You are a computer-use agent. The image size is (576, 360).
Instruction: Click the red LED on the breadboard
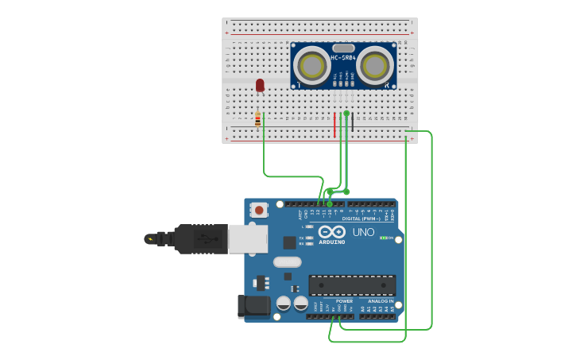coord(260,84)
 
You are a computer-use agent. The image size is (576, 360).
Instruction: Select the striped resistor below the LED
coord(257,119)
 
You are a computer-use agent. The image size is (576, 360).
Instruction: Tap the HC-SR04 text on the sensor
coord(343,57)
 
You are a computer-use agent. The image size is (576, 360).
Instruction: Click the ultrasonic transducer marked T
coord(311,67)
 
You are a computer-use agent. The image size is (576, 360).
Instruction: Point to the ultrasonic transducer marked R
coord(375,67)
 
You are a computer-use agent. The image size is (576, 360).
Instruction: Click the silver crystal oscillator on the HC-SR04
coord(343,48)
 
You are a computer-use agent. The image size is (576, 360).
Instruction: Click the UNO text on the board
coord(363,232)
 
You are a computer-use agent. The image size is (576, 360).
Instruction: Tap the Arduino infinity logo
coord(331,231)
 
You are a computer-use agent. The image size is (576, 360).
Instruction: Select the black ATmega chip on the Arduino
coord(352,285)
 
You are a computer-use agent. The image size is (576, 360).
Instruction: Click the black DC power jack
coord(253,306)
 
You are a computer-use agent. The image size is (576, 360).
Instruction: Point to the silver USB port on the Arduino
coord(248,238)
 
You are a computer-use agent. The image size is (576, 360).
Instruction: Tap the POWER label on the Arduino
coord(344,301)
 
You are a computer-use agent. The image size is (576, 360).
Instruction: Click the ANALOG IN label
coord(380,301)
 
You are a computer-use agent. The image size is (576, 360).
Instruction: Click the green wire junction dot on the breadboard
coord(346,114)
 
